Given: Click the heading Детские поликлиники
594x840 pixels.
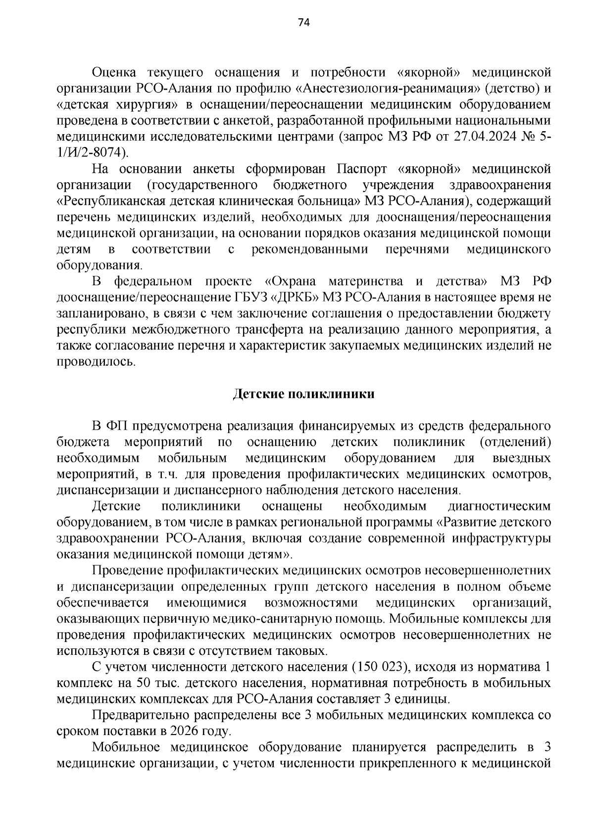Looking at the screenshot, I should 304,394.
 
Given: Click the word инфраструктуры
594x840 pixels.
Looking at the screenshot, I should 501,538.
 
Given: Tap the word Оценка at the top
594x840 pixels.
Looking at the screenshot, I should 114,73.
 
